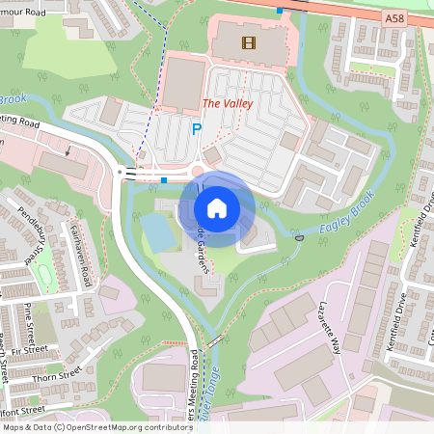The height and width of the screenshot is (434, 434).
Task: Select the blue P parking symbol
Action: coord(197,129)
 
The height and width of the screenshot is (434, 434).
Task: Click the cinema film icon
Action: coord(250,41)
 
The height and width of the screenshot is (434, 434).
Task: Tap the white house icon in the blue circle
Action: coord(217,207)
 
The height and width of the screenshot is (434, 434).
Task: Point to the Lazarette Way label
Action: coord(331,328)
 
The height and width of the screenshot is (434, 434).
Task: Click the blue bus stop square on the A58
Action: coord(280,10)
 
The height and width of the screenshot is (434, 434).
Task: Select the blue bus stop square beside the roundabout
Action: coord(164,179)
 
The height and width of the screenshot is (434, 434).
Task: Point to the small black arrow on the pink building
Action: coord(68,150)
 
